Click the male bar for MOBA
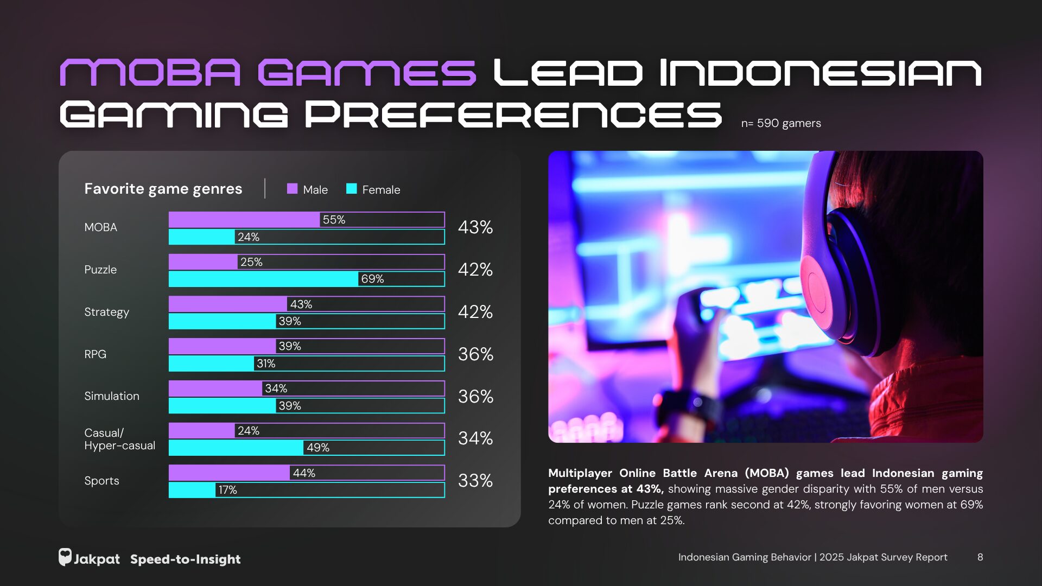click(244, 220)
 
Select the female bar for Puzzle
click(263, 279)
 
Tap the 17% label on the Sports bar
click(227, 490)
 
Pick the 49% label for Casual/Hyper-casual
click(317, 448)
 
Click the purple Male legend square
click(292, 189)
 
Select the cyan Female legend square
click(351, 189)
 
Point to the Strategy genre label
click(106, 312)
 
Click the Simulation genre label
click(111, 396)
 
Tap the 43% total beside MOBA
click(475, 227)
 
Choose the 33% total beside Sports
click(475, 481)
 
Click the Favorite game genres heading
click(163, 189)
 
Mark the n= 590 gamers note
click(780, 123)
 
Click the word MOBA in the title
click(150, 73)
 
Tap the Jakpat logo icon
click(65, 557)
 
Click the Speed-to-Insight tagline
click(185, 559)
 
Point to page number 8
click(980, 557)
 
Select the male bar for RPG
click(223, 346)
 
